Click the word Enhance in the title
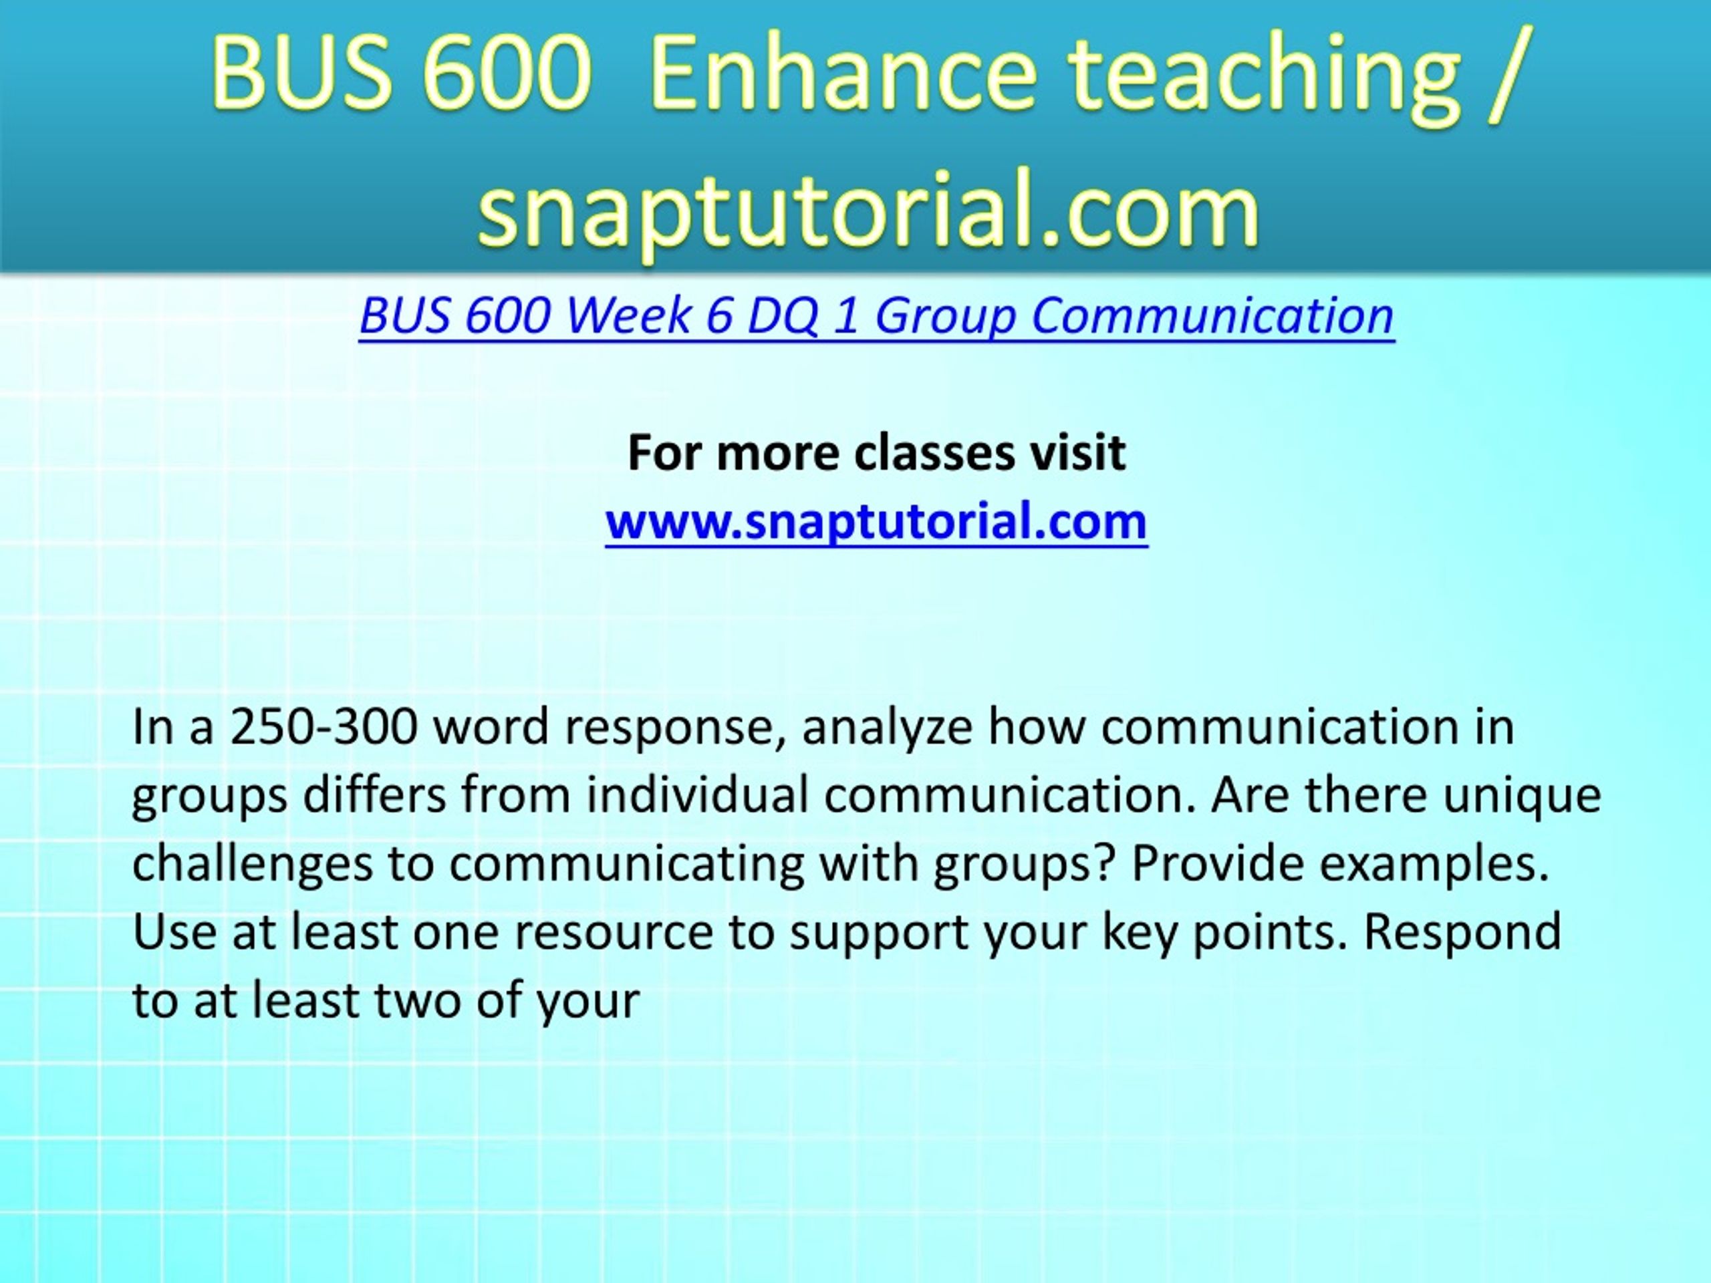point(843,74)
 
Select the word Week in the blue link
point(628,315)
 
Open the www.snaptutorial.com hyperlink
point(876,521)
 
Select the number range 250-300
point(324,728)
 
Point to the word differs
point(374,796)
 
